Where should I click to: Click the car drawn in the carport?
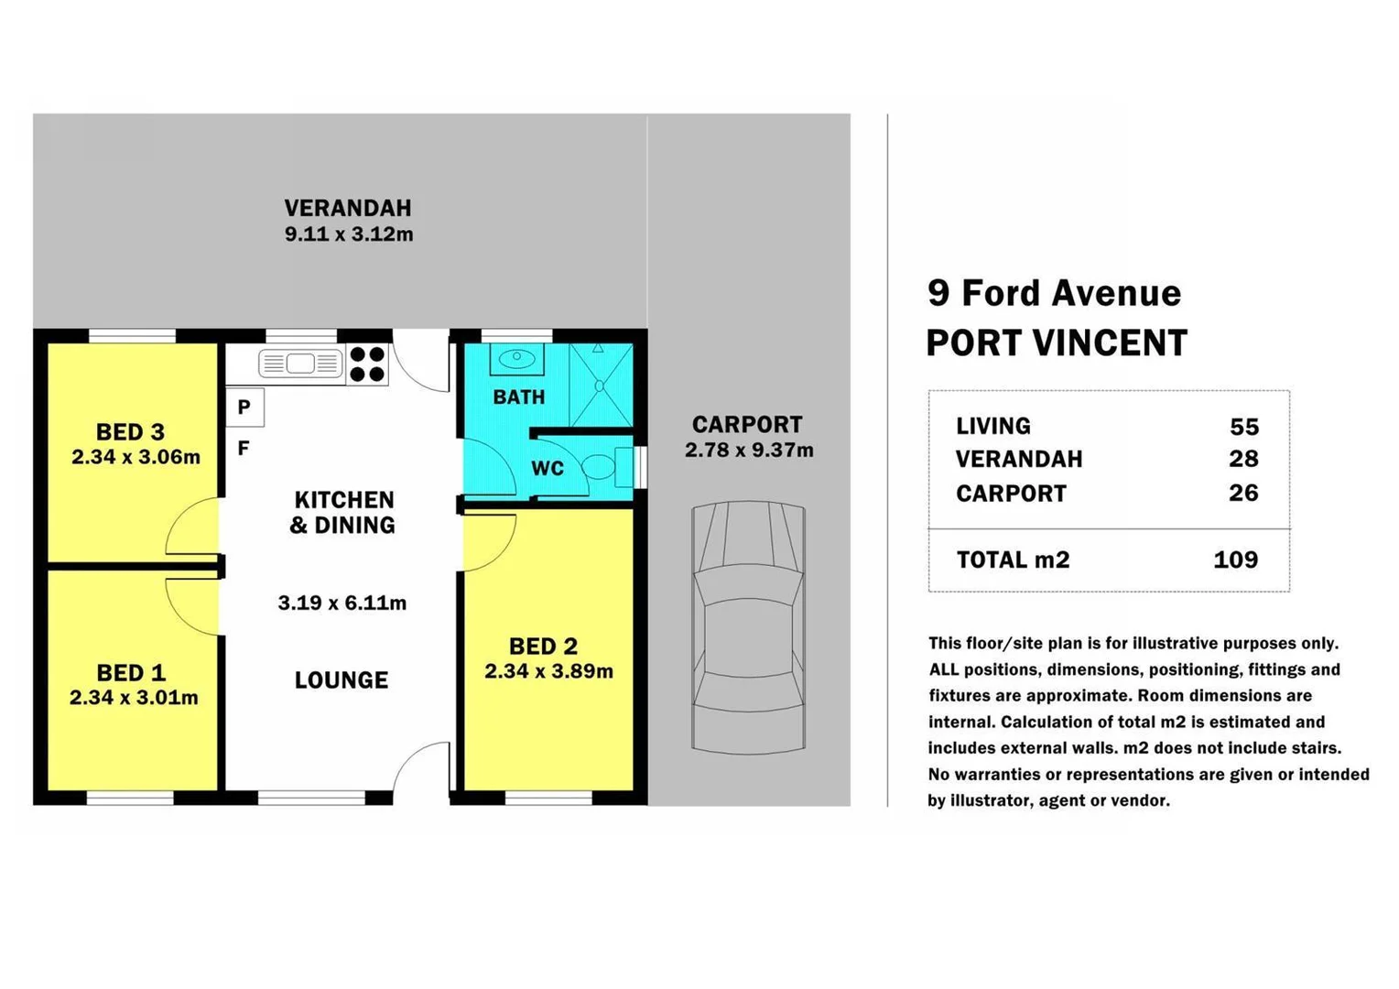(748, 627)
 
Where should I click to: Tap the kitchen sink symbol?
(300, 364)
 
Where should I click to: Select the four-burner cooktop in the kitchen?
(367, 364)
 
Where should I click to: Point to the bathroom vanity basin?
(516, 358)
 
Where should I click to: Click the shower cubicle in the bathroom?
(601, 385)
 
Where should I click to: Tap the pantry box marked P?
(244, 408)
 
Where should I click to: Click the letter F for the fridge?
(244, 448)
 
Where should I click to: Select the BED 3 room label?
(131, 431)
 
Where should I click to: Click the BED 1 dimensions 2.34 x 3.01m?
(134, 698)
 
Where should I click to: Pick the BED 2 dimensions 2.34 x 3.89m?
(548, 671)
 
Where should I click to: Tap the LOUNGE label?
(342, 680)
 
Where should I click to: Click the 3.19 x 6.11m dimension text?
(342, 603)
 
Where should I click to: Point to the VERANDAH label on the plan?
(348, 209)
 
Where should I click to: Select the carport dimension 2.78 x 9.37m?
(749, 451)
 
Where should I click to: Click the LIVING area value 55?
(1244, 427)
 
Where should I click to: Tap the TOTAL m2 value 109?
(1235, 560)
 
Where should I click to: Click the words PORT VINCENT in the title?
(1057, 343)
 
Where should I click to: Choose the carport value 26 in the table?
(1243, 493)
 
